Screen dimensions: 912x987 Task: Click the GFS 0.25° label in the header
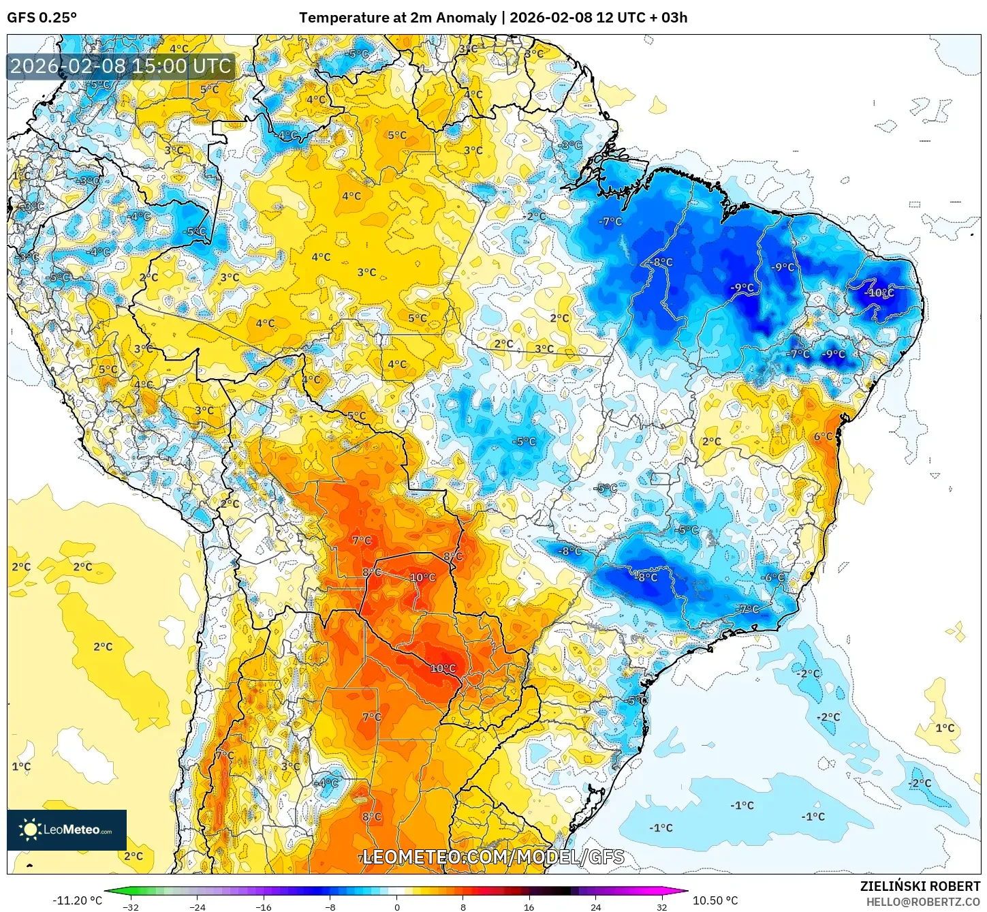42,18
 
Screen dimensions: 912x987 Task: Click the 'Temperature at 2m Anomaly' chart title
398,18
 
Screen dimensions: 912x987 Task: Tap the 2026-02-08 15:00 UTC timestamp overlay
121,67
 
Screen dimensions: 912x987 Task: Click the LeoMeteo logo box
67,830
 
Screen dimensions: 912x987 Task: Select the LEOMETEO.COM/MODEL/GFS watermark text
493,857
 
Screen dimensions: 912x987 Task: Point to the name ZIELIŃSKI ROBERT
920,886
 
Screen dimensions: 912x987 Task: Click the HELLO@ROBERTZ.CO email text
923,902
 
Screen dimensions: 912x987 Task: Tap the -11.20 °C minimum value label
77,900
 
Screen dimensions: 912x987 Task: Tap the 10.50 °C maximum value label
715,900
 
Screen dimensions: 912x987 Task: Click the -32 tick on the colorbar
131,907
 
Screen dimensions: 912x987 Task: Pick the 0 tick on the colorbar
397,907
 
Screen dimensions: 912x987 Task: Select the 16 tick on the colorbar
529,907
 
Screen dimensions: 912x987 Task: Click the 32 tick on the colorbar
662,907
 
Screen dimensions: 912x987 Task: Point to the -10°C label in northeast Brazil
879,293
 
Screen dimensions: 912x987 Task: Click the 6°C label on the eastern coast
823,437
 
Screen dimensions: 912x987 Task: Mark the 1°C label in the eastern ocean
945,728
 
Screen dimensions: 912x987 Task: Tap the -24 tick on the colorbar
197,907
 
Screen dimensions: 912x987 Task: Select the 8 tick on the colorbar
463,907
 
